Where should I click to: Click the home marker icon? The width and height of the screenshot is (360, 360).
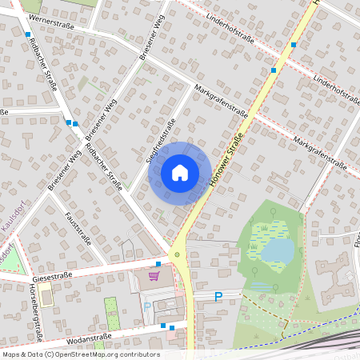point(180,173)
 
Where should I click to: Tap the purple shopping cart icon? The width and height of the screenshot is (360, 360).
point(154,276)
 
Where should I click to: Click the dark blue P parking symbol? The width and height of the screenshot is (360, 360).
point(218,297)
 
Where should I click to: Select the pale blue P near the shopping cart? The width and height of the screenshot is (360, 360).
point(146,306)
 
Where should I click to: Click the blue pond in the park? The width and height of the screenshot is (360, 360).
point(278,251)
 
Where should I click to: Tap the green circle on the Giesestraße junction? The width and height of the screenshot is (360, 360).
point(178,254)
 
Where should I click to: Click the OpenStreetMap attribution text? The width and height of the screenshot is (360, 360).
point(80,354)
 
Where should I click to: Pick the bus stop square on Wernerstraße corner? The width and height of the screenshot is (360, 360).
point(29,35)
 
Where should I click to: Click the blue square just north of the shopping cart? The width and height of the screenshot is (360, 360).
point(158,263)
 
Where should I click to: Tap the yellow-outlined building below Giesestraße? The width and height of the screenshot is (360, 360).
point(45,297)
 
